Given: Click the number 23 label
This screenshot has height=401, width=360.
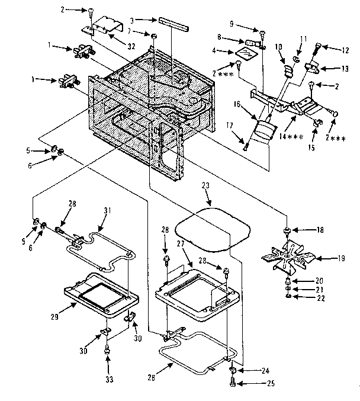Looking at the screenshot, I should pos(206,185).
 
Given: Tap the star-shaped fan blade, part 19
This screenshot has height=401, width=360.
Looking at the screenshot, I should pos(290,257).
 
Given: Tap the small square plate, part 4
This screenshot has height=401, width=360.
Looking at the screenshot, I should pos(244,54).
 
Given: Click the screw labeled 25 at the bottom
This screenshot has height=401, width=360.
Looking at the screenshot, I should pos(233,383).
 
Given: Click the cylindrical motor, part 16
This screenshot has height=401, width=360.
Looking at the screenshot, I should pos(263,127).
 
